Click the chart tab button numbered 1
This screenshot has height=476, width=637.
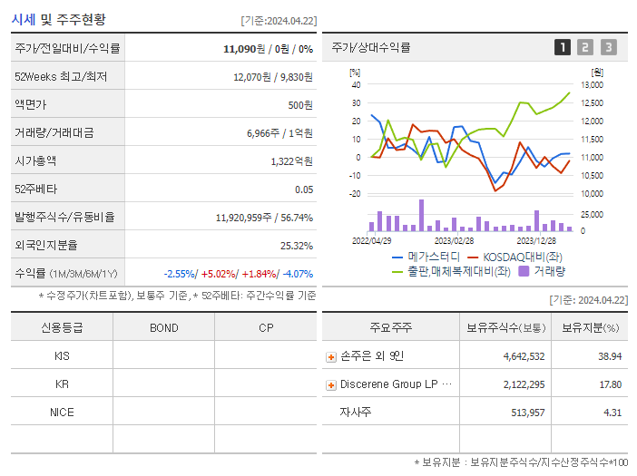coord(563,47)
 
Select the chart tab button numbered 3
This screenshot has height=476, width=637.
coord(608,47)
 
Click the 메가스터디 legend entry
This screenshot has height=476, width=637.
coord(427,257)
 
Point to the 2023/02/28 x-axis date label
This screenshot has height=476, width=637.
coord(454,241)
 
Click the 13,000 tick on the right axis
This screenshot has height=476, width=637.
coord(591,84)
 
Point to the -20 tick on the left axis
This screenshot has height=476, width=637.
coord(355,193)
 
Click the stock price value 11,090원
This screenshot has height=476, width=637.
coord(245,49)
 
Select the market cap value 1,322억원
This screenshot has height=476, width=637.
coord(291,161)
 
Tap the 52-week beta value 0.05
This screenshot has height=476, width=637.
coord(304,189)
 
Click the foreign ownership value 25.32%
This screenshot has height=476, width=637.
coord(297,246)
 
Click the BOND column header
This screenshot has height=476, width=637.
coord(163,327)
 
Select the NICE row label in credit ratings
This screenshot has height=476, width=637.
coord(62,412)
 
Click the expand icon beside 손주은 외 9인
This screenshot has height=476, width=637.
coord(331,357)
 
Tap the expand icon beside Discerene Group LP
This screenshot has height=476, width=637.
coord(331,385)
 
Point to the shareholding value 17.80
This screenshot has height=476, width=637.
coord(610,384)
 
